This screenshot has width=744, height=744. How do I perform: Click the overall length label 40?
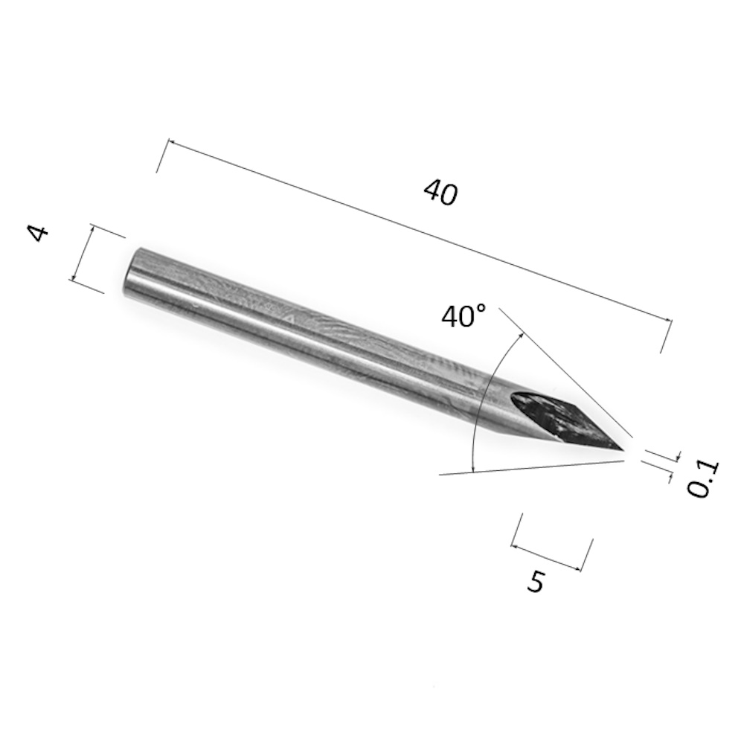tap(440, 192)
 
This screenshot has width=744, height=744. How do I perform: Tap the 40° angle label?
tap(464, 316)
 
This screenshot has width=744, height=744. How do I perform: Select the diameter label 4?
tap(38, 234)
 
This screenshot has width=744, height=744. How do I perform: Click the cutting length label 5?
tap(536, 582)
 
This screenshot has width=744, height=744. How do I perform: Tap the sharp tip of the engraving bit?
tap(623, 449)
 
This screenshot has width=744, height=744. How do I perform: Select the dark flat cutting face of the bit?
tap(565, 420)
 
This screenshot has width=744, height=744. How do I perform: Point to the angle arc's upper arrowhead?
tap(522, 336)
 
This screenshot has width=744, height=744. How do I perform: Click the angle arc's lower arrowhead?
tap(472, 469)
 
